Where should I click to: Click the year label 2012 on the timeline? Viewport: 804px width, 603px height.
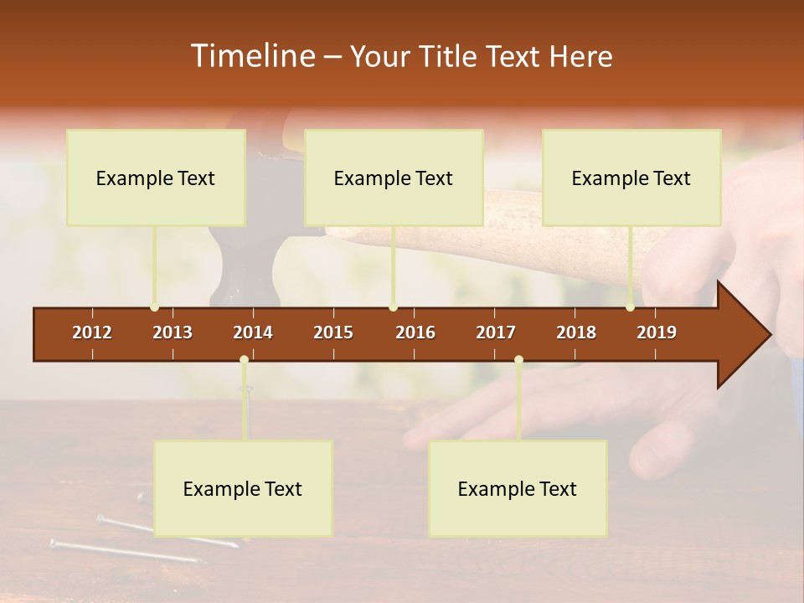[x=92, y=332]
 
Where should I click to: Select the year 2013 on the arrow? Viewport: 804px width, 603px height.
[x=173, y=332]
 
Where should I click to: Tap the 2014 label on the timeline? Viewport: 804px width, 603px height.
[x=253, y=332]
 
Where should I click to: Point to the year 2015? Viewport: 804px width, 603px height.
[x=333, y=332]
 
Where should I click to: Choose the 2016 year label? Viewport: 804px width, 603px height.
[x=415, y=332]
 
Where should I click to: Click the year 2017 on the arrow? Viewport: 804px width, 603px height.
[x=496, y=332]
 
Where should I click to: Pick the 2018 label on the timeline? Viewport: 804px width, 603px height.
[x=576, y=332]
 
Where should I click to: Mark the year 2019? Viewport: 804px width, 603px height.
[x=657, y=332]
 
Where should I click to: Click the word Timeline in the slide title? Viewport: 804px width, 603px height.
[x=252, y=56]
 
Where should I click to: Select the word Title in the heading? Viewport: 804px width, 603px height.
[x=449, y=56]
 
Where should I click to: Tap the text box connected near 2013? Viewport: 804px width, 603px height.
[x=156, y=178]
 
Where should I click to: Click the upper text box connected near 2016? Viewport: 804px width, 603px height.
[x=394, y=178]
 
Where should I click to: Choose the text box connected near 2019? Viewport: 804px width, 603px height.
[x=631, y=178]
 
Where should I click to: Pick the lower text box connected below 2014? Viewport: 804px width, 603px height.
[x=243, y=488]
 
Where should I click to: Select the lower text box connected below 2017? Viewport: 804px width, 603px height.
[x=518, y=488]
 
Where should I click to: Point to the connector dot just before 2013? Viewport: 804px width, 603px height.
[x=154, y=307]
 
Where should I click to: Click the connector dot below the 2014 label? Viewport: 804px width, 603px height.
[x=244, y=359]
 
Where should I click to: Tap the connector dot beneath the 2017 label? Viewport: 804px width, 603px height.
[x=518, y=359]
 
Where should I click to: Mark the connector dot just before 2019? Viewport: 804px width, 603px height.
[x=630, y=307]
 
